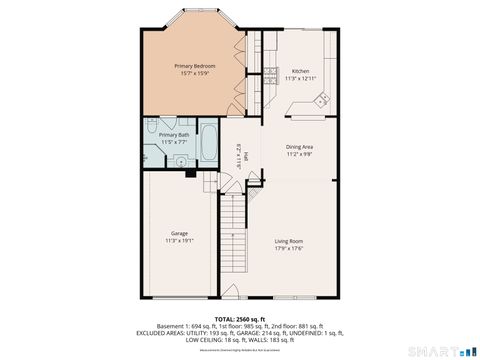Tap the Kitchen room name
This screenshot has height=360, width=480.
(300, 71)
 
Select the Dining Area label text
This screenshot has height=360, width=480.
(300, 147)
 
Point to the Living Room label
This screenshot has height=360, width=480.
(289, 241)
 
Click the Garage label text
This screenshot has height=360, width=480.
(179, 233)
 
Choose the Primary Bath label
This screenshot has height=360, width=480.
(175, 133)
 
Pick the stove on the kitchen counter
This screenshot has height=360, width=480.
(270, 72)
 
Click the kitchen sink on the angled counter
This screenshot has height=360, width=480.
(321, 99)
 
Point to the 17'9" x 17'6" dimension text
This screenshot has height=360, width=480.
(289, 249)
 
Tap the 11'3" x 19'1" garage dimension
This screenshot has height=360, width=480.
(179, 241)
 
